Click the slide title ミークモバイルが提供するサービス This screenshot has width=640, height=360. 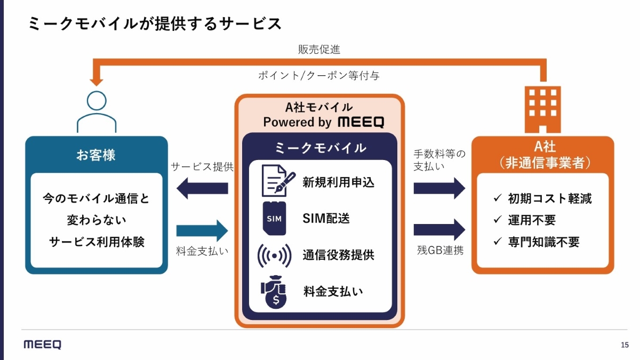[x=155, y=24]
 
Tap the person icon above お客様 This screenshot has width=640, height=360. [x=97, y=112]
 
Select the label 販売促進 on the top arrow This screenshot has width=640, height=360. [x=319, y=50]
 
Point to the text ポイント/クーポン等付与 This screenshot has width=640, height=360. [x=319, y=75]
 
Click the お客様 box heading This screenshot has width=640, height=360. [x=96, y=155]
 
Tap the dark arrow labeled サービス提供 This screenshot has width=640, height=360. [x=202, y=189]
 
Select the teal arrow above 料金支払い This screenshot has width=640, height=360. [x=202, y=230]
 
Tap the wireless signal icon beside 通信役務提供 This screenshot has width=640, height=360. [x=274, y=255]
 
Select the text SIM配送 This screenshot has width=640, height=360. [x=326, y=218]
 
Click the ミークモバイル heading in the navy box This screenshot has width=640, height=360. [x=320, y=148]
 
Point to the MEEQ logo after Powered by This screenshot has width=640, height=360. [x=361, y=122]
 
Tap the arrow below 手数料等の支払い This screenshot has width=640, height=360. [x=440, y=188]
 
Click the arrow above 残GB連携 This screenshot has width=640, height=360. [x=440, y=230]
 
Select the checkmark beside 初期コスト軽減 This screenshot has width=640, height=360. [x=497, y=198]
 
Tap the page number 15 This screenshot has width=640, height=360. [x=625, y=345]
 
